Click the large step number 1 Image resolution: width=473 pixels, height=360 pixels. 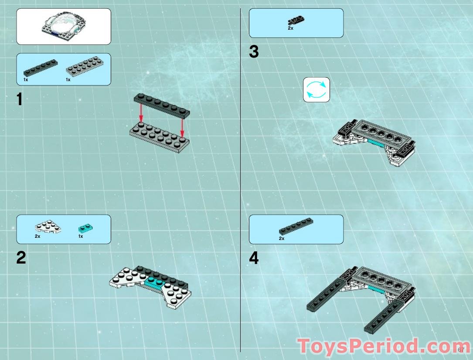coord(20,99)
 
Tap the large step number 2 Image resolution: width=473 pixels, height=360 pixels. coord(21,257)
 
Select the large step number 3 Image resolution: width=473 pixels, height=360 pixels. coord(254,51)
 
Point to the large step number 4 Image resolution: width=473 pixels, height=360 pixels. coord(254,258)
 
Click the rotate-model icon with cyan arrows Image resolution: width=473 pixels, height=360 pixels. coord(316,90)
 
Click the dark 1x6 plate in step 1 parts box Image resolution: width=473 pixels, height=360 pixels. coord(41,67)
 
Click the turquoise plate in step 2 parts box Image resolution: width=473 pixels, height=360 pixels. coord(85,228)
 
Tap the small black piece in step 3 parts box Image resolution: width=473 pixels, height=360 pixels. coord(296,20)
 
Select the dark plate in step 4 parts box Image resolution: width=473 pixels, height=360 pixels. coord(296,226)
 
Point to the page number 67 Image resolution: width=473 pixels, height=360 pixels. coord(461,350)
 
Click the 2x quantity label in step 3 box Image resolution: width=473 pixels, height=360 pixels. coord(290,28)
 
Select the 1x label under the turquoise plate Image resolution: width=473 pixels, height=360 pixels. coord(81,236)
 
